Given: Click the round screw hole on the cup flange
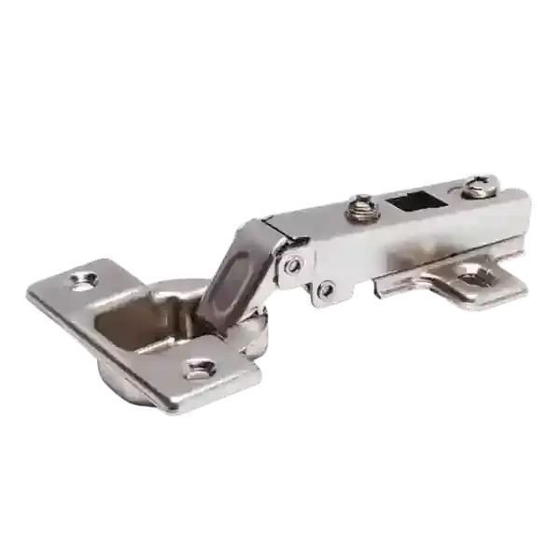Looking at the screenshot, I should (88, 277).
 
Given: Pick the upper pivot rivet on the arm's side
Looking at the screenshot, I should (294, 265).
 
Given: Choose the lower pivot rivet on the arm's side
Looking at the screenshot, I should (324, 290).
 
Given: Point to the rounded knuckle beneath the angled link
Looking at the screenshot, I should (252, 331).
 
